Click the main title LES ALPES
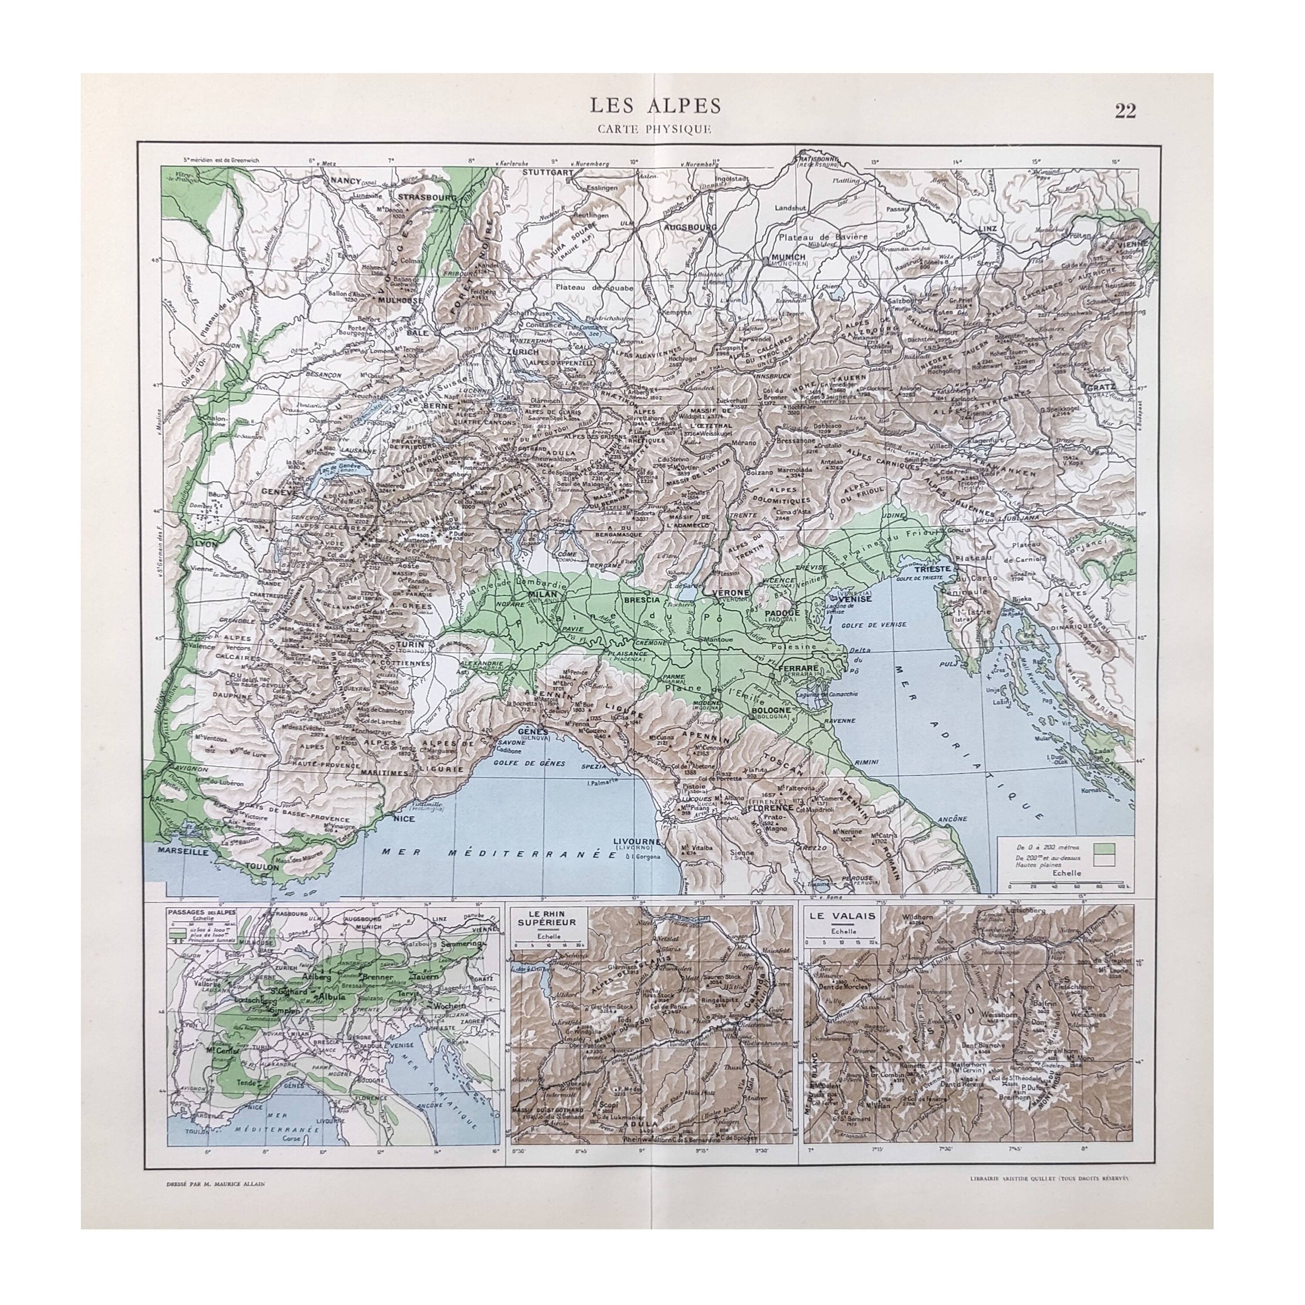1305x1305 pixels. [x=655, y=106]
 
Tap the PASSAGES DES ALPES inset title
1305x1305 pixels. [x=201, y=912]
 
